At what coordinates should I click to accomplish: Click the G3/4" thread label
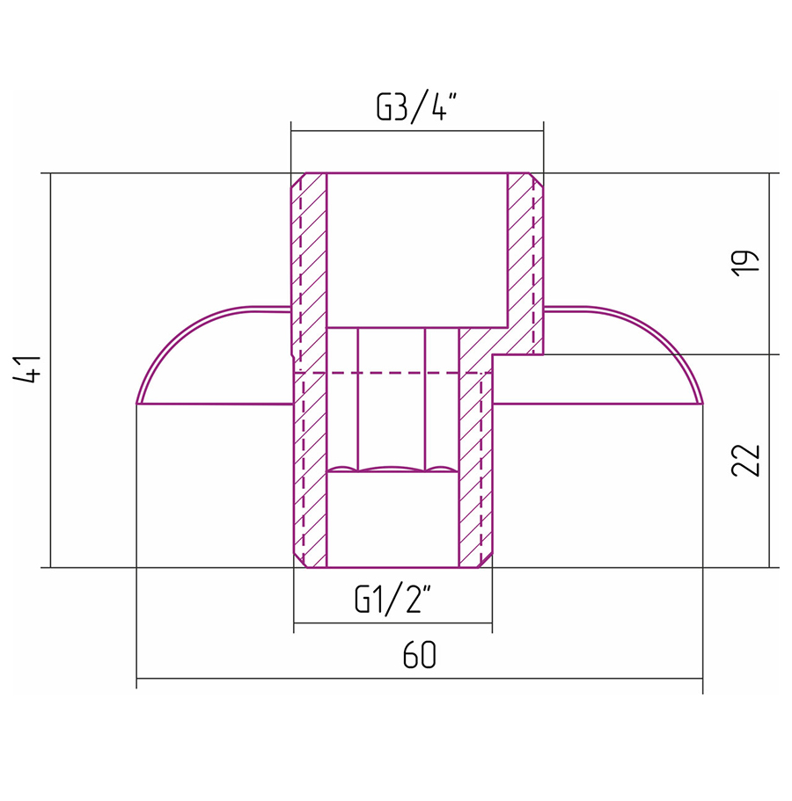point(415,106)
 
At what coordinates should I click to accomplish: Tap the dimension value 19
point(745,264)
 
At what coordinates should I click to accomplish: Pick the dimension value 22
point(745,460)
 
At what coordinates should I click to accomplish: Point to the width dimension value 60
point(419,654)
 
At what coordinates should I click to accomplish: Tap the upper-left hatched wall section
point(308,271)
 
